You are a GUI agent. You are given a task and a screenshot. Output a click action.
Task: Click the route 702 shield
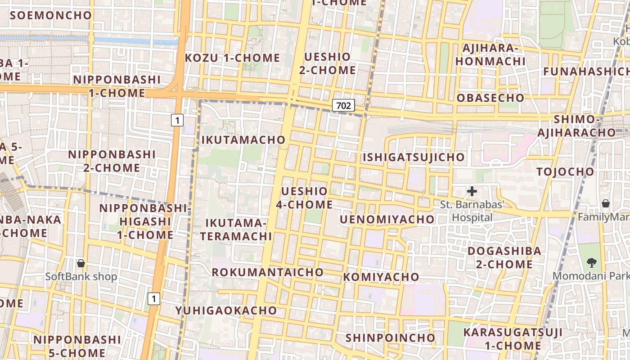pyautogui.click(x=343, y=106)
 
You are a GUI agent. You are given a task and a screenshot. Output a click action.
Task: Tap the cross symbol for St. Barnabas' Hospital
pyautogui.click(x=472, y=192)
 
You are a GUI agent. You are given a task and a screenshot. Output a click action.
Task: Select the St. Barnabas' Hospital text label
pyautogui.click(x=472, y=211)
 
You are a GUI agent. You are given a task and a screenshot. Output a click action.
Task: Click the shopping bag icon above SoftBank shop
pyautogui.click(x=81, y=263)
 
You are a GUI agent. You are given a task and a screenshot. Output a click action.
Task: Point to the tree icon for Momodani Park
pyautogui.click(x=591, y=262)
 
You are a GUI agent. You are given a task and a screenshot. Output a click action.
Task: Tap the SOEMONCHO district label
pyautogui.click(x=51, y=15)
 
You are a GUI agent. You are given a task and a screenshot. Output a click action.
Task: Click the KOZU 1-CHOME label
pyautogui.click(x=232, y=58)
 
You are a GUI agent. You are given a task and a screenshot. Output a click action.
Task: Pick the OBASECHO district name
pyautogui.click(x=490, y=98)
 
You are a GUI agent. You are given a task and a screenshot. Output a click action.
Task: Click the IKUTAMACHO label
pyautogui.click(x=243, y=140)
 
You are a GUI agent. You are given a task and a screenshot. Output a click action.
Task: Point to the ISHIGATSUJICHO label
pyautogui.click(x=414, y=157)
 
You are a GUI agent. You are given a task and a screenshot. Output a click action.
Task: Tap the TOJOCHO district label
pyautogui.click(x=565, y=171)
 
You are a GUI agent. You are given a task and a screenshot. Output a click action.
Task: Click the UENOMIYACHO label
pyautogui.click(x=387, y=220)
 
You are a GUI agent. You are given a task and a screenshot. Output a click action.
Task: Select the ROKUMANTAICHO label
pyautogui.click(x=267, y=272)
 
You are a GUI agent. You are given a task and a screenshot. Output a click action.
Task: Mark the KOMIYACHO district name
pyautogui.click(x=381, y=277)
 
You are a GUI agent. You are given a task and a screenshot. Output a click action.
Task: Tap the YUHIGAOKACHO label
pyautogui.click(x=226, y=310)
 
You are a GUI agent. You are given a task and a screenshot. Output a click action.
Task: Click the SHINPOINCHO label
pyautogui.click(x=390, y=338)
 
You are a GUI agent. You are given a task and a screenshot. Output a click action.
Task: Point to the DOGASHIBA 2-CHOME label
pyautogui.click(x=499, y=257)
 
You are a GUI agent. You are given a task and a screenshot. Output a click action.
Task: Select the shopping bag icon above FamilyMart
pyautogui.click(x=606, y=203)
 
